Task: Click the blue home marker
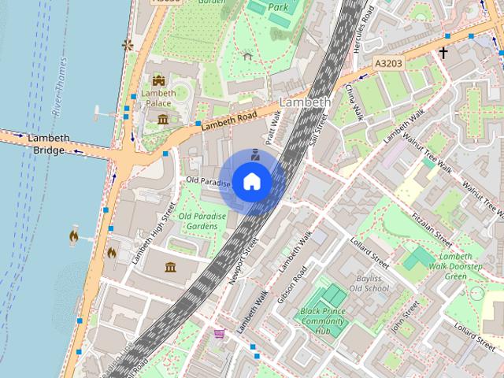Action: coord(251,182)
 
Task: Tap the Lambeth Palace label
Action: coord(158,98)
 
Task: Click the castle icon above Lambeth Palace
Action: coord(158,80)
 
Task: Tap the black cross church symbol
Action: coord(443,53)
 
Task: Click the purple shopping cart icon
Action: coord(219,334)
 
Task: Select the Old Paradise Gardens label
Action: coord(198,221)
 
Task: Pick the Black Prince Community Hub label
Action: coord(324,321)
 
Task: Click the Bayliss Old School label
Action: coord(369,283)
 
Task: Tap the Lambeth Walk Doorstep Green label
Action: coord(466,266)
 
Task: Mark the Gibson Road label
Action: coord(289,284)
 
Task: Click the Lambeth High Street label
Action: coord(150,233)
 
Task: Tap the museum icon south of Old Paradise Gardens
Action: coord(170,268)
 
